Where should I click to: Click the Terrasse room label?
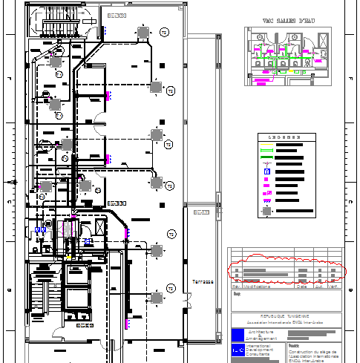coord(203,282)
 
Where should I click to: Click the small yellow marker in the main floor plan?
coord(68,257)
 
